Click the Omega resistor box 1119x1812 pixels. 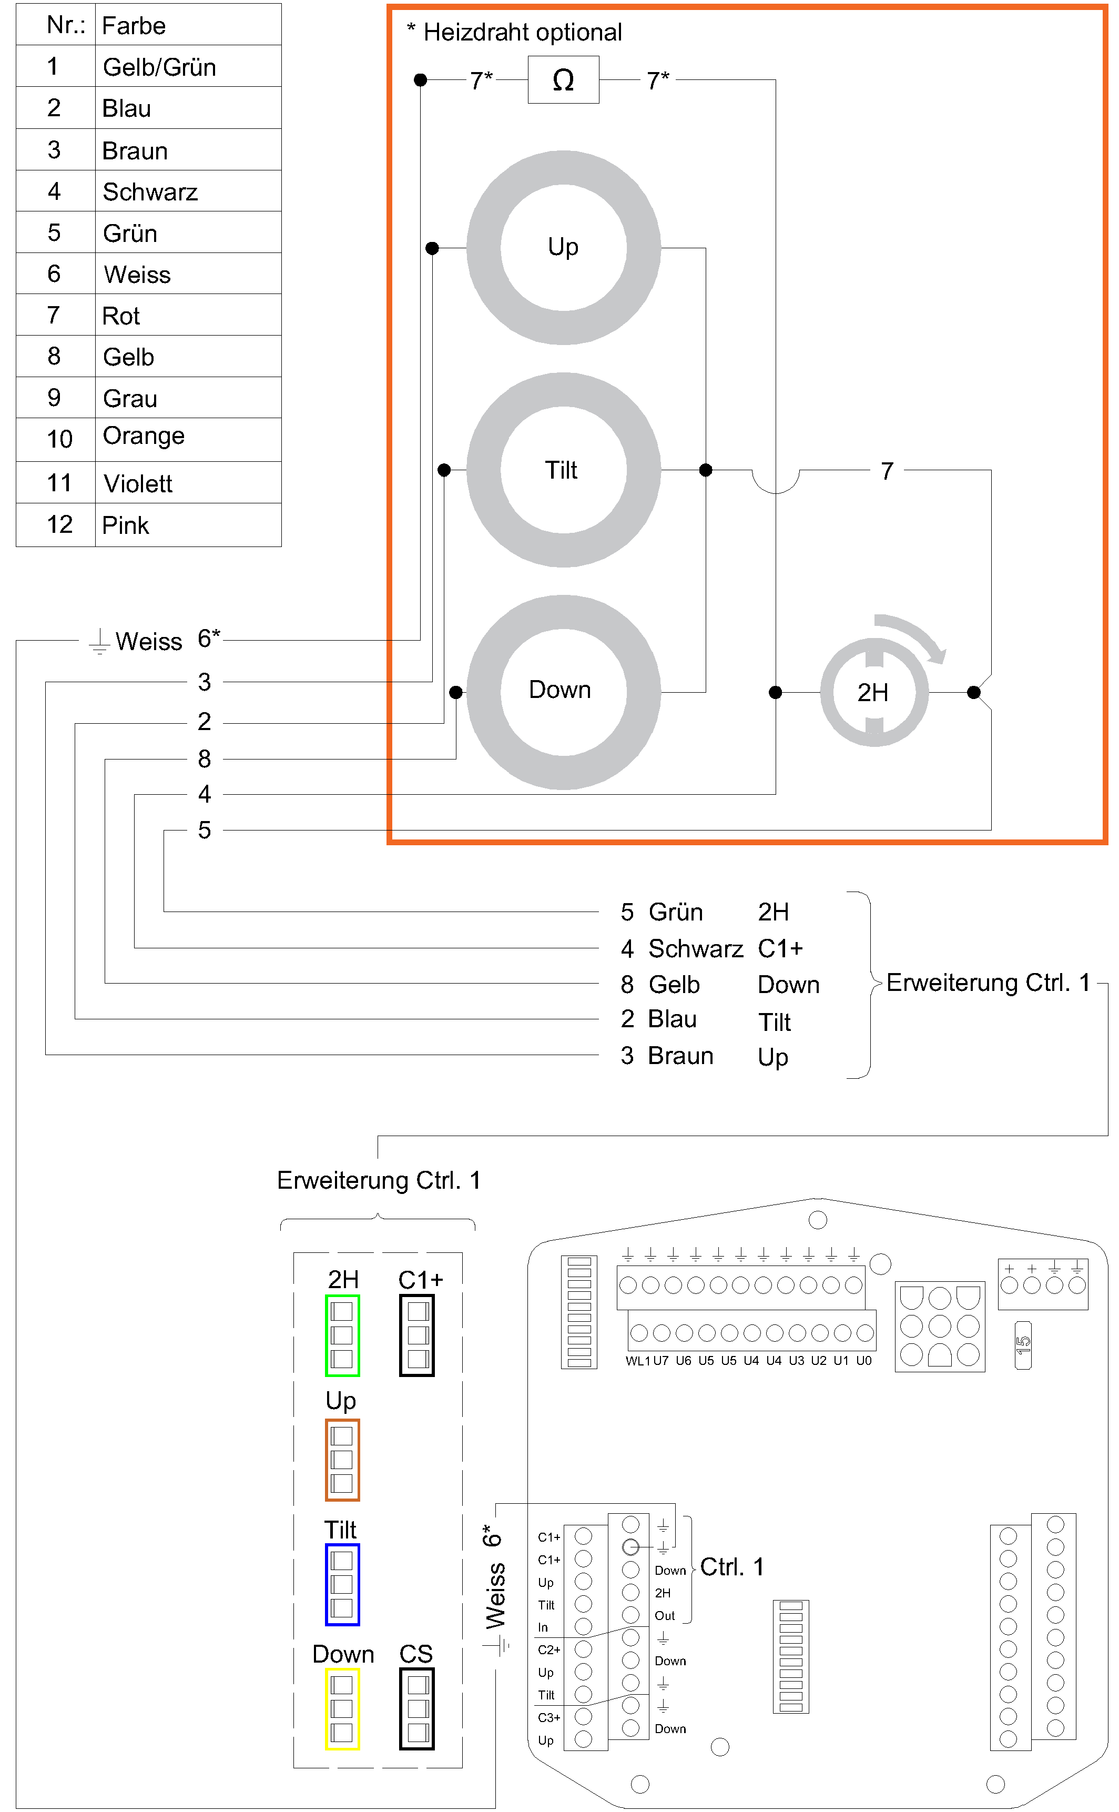[563, 80]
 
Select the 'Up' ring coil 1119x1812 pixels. [563, 247]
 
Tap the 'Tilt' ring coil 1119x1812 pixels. [563, 470]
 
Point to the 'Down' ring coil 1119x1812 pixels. [563, 692]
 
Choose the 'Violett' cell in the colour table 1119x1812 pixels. [138, 483]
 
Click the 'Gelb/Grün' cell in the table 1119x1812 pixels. [159, 67]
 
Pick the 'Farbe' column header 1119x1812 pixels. [134, 26]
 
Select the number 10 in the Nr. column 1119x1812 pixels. [59, 439]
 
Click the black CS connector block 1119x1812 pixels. [416, 1708]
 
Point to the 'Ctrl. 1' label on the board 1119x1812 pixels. [731, 1566]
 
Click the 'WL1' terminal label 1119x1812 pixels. [637, 1361]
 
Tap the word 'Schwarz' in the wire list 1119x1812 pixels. [695, 948]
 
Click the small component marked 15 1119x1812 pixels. [1023, 1345]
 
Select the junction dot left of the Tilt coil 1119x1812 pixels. [444, 470]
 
